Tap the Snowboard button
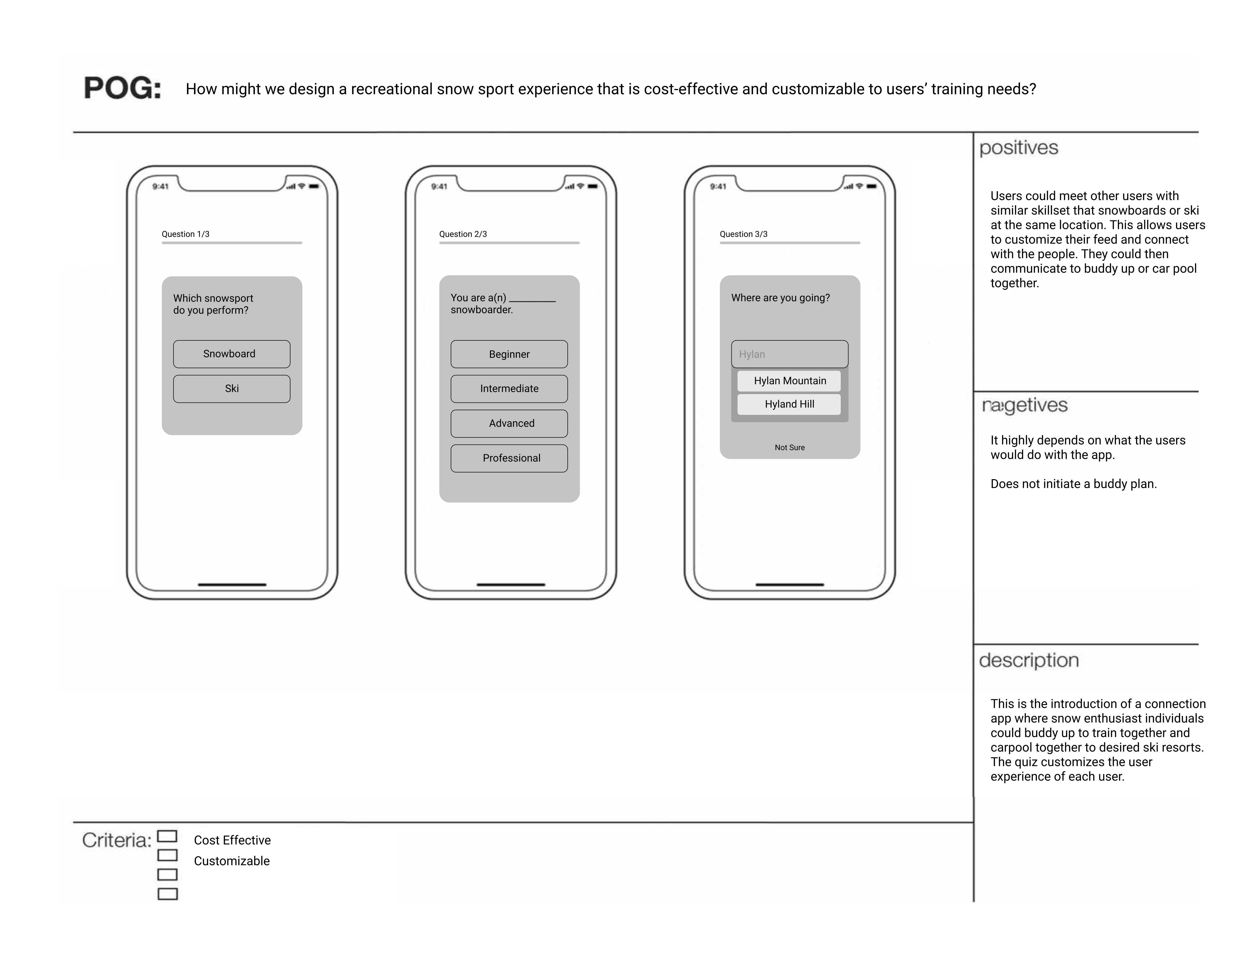tap(232, 354)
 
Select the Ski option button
tap(232, 389)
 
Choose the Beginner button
tap(509, 354)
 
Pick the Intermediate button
tap(509, 389)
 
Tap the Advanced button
tap(509, 423)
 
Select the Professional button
tap(509, 458)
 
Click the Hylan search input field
tap(789, 354)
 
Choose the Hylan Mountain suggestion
tap(789, 381)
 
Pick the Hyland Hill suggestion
tap(789, 404)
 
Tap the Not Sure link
tap(789, 447)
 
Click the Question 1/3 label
tap(186, 234)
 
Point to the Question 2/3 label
tap(463, 234)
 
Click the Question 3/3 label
tap(744, 234)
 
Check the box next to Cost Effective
tap(167, 836)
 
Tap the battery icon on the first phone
tap(314, 186)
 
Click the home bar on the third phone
tap(789, 585)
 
